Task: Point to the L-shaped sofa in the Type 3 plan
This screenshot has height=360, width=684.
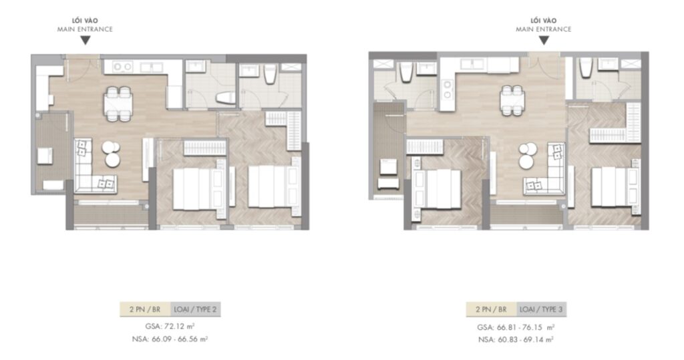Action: [x=549, y=171]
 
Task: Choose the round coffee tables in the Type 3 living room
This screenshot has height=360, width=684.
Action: [x=529, y=156]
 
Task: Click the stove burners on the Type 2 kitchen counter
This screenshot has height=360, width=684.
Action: [x=123, y=66]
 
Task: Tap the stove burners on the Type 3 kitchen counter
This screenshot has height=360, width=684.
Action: [x=474, y=64]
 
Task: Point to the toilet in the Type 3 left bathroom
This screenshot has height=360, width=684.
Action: [x=405, y=71]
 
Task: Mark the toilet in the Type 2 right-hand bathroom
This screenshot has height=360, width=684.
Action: [x=271, y=75]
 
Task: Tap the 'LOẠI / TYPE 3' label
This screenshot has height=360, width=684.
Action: [x=541, y=309]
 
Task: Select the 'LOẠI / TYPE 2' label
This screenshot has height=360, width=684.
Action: [x=196, y=309]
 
